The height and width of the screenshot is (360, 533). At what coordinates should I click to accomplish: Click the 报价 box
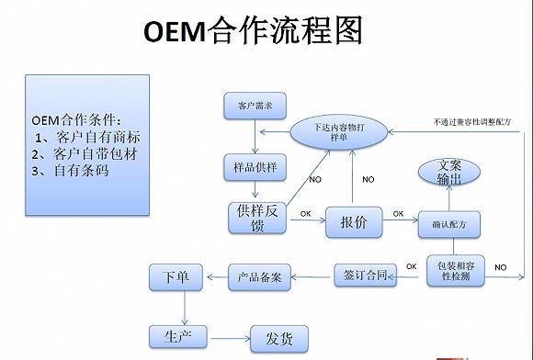coord(353,222)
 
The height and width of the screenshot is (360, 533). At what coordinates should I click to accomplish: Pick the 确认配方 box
coord(449,223)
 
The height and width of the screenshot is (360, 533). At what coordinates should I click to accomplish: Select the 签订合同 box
coord(364,274)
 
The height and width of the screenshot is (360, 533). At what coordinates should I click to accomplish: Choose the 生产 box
coord(177,336)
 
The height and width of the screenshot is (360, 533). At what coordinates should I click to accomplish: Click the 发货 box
coord(279,338)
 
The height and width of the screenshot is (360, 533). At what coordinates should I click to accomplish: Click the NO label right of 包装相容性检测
coord(501,266)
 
